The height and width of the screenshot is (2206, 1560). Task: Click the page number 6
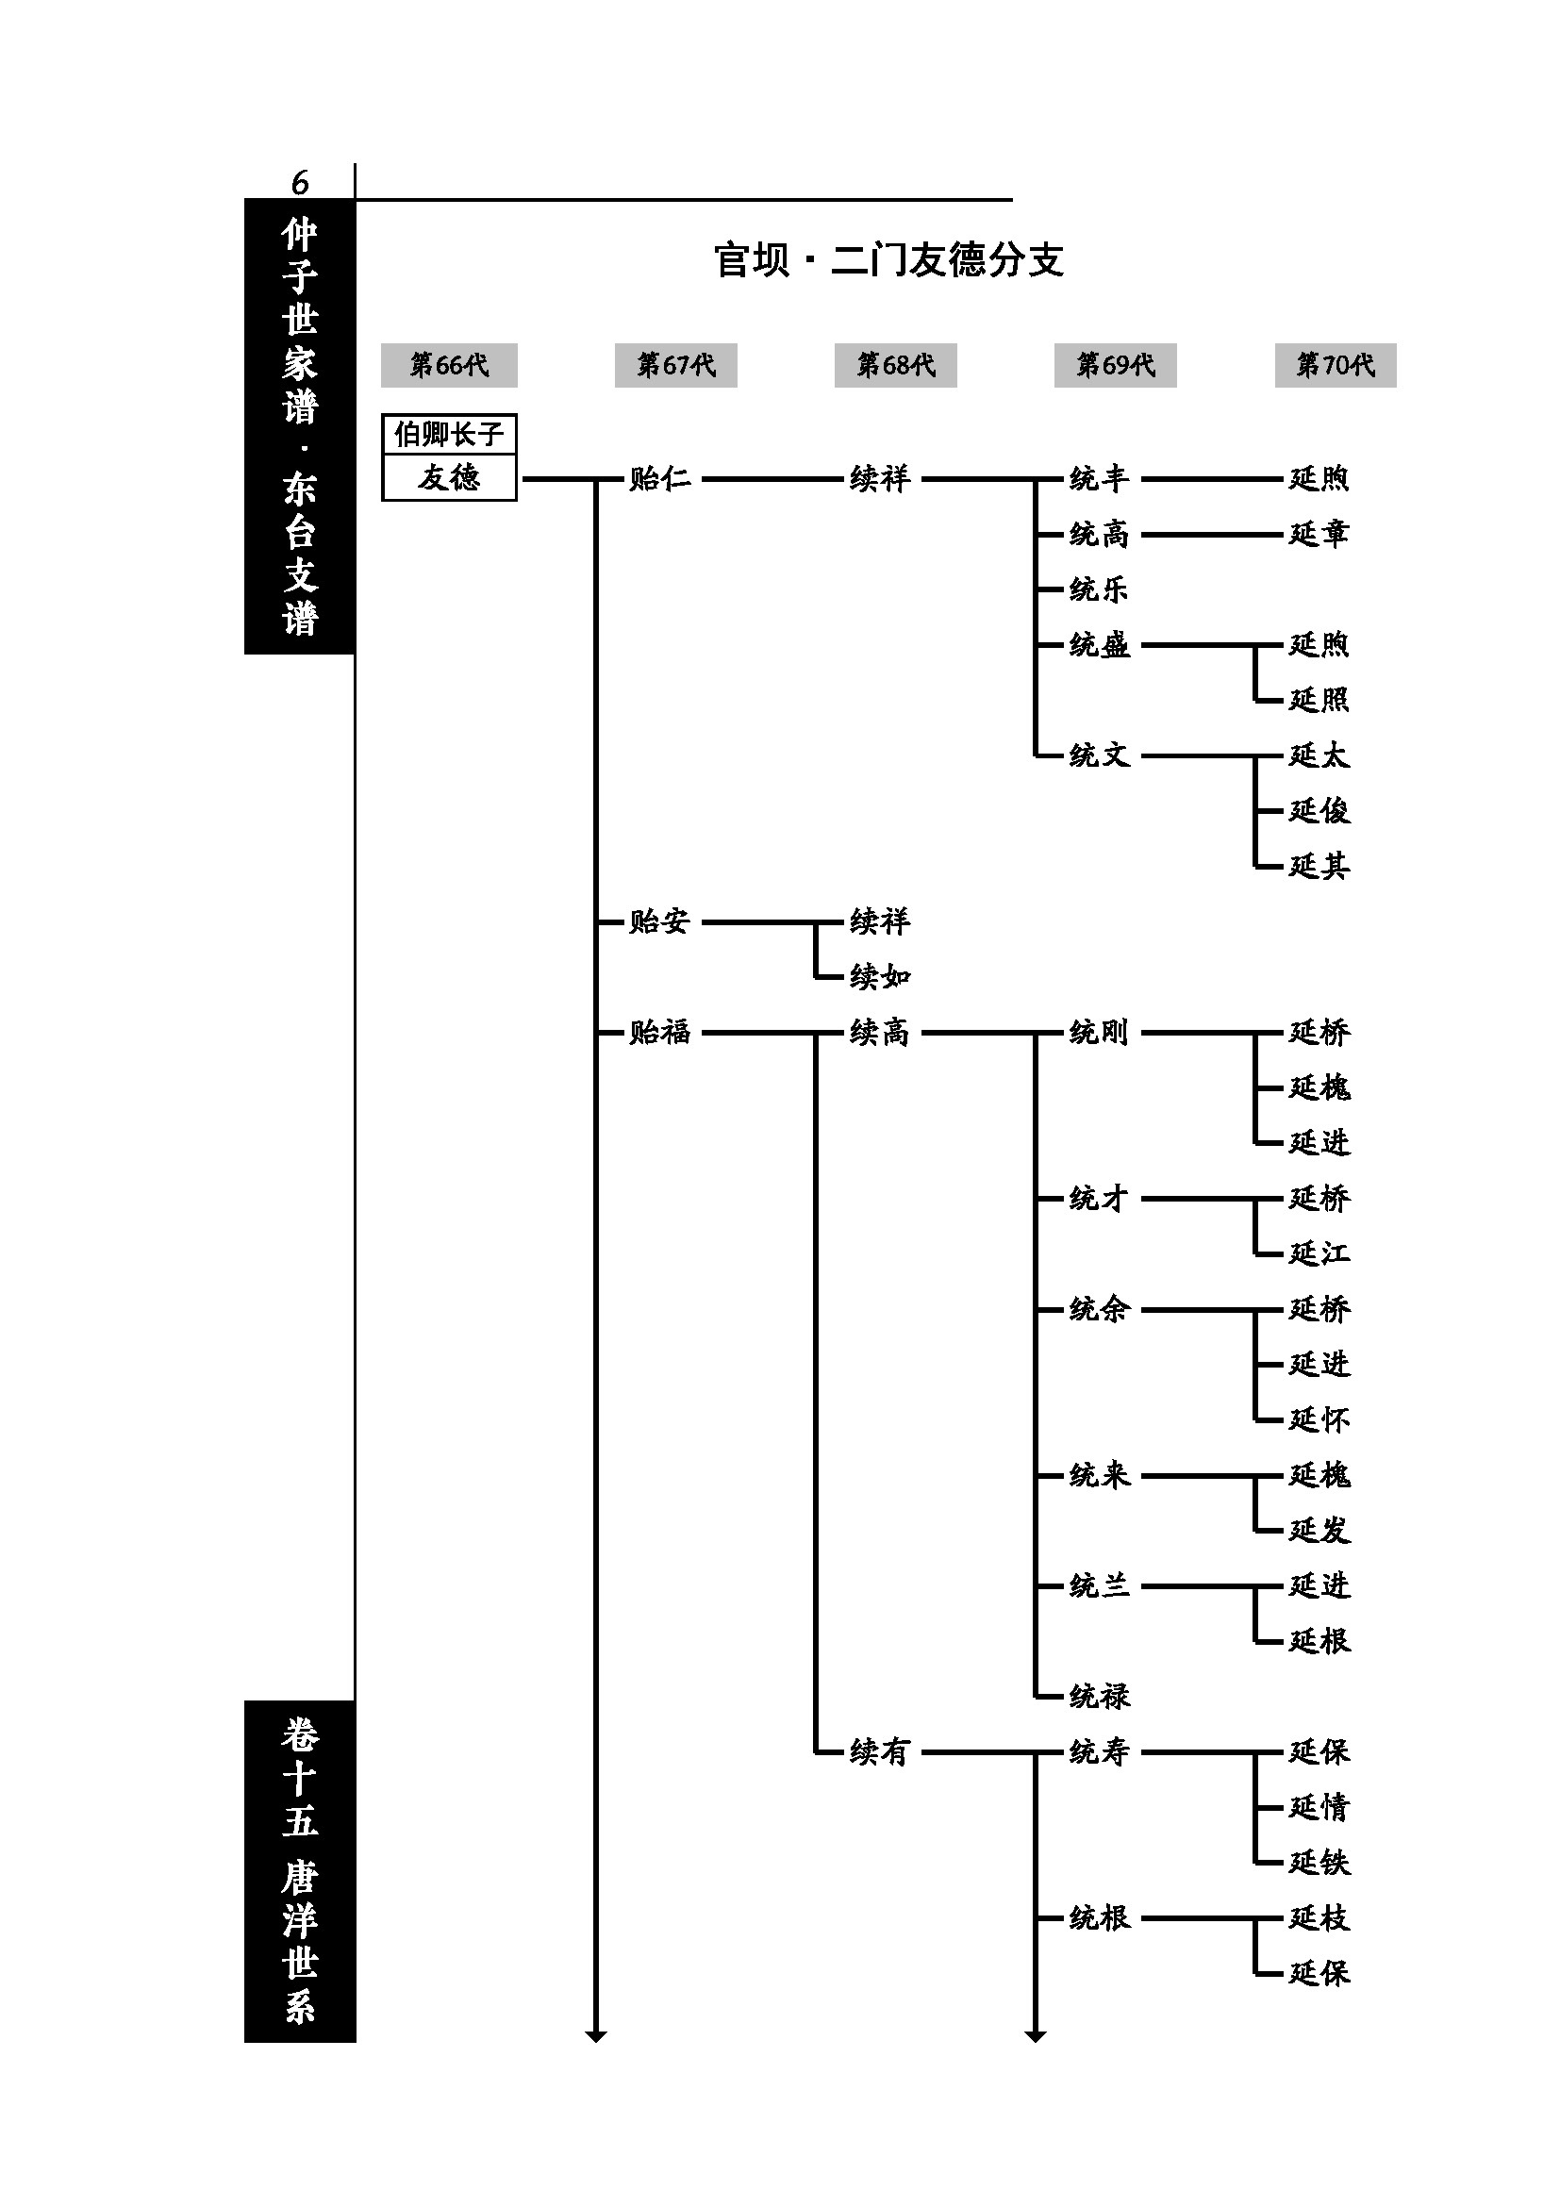tap(300, 182)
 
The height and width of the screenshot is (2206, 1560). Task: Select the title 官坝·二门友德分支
tap(888, 260)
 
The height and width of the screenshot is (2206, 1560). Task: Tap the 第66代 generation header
tap(449, 365)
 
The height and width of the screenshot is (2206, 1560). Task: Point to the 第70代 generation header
tap(1335, 365)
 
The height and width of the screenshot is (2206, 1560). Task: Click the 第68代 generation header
tap(895, 365)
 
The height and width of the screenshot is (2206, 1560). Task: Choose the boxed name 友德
tap(449, 477)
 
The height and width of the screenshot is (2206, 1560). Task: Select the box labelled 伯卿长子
tap(449, 434)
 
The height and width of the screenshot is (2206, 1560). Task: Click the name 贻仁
tap(659, 478)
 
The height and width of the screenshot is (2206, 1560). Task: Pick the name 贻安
tap(659, 921)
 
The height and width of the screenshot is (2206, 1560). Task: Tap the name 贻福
tap(659, 1033)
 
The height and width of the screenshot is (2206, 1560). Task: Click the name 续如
tap(879, 977)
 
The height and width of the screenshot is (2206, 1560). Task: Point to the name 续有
tap(879, 1751)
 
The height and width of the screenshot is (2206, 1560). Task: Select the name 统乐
tap(1098, 589)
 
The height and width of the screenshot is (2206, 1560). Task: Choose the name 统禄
tap(1099, 1696)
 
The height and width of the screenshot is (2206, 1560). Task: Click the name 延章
tap(1318, 534)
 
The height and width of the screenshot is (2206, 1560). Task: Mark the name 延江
tap(1318, 1253)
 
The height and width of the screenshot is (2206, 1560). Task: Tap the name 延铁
tap(1318, 1862)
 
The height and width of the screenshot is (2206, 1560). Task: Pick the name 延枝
tap(1318, 1917)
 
